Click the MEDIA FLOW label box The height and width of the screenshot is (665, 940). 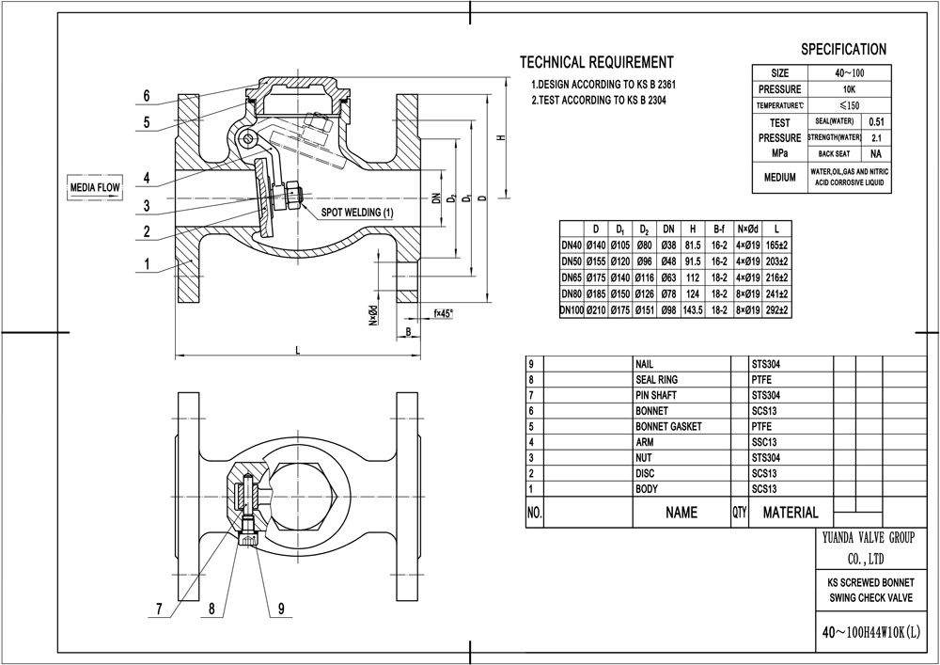click(x=96, y=188)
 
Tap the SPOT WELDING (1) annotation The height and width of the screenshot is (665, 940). click(x=358, y=213)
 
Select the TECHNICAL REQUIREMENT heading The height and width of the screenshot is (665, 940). click(x=596, y=63)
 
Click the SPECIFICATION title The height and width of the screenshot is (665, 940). click(x=842, y=49)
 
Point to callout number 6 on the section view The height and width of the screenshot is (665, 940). click(x=147, y=95)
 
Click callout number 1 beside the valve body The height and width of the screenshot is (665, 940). click(x=147, y=264)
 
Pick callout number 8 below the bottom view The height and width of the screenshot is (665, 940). click(x=213, y=609)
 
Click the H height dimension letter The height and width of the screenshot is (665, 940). click(x=503, y=137)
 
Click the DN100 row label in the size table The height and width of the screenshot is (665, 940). click(x=572, y=309)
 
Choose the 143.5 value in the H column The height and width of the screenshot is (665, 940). click(x=693, y=309)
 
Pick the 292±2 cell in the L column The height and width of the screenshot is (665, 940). click(x=778, y=309)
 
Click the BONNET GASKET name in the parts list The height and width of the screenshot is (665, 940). click(x=668, y=426)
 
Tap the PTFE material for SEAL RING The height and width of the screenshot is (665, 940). click(x=761, y=378)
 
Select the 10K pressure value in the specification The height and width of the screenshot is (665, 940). click(x=843, y=88)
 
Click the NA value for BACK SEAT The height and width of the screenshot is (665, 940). click(x=876, y=153)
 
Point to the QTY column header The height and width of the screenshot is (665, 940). click(x=738, y=514)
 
